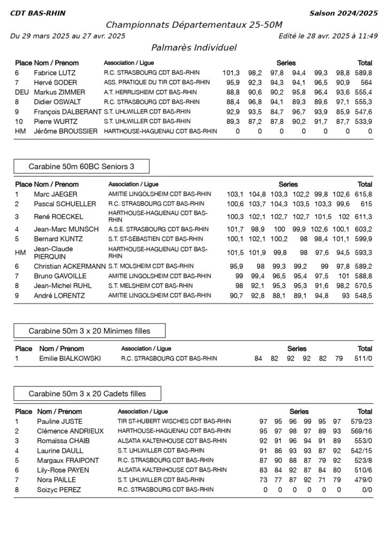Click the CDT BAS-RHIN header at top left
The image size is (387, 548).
[33, 13]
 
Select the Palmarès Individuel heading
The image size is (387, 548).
[193, 48]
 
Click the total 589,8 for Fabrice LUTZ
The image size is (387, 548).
[363, 73]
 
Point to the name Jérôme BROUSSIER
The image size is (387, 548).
[65, 131]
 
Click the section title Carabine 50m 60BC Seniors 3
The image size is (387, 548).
[81, 166]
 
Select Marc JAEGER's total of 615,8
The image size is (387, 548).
[363, 194]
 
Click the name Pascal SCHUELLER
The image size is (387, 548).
[65, 204]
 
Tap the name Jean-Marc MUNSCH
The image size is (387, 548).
[66, 229]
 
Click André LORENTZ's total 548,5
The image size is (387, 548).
[363, 295]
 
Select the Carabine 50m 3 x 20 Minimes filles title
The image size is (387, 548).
[89, 331]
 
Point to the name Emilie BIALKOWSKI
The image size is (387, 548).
[70, 359]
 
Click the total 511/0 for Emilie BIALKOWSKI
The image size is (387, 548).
[365, 359]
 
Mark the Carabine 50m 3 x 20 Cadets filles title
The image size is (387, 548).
[87, 394]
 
